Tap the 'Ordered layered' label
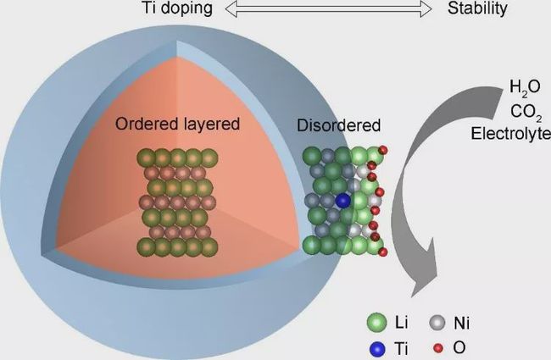(177, 124)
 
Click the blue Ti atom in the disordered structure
(342, 201)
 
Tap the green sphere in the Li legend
(374, 323)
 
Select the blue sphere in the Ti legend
(374, 346)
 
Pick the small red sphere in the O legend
(439, 346)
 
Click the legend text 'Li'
(403, 323)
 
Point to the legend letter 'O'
(459, 346)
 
